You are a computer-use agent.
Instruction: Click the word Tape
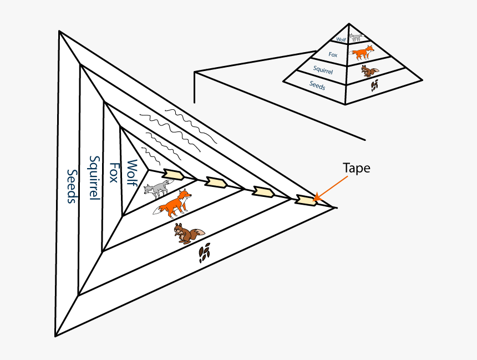point(356,168)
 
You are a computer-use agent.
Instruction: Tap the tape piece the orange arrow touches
point(306,200)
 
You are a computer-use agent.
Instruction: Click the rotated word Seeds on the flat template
point(72,186)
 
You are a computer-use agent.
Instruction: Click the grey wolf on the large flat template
point(158,189)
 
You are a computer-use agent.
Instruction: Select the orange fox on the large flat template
point(175,204)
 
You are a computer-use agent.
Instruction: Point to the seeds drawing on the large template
point(205,253)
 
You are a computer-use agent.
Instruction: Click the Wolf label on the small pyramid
point(341,39)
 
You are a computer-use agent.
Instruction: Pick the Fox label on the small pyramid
point(333,54)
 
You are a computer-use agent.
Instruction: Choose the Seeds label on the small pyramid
point(317,86)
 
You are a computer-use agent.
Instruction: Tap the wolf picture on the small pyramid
point(356,38)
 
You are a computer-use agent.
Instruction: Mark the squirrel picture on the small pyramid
point(369,71)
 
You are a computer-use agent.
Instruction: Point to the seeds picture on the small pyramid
point(375,85)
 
